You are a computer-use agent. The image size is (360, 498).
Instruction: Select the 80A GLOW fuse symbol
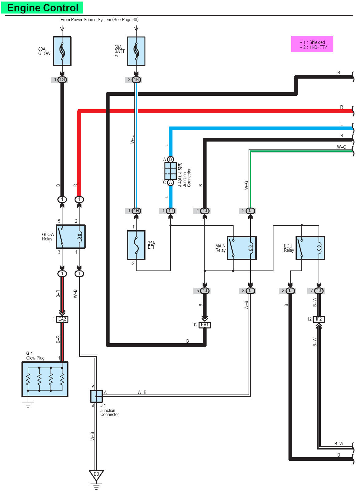pos(62,51)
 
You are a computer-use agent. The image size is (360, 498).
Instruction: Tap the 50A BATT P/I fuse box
pos(136,51)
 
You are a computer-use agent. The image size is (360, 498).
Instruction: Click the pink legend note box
pos(312,45)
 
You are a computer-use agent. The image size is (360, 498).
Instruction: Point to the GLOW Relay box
pos(71,236)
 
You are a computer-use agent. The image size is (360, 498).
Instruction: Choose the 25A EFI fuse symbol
pos(136,245)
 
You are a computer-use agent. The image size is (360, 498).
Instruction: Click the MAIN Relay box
pos(242,248)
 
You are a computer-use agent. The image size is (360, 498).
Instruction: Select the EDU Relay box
pos(310,248)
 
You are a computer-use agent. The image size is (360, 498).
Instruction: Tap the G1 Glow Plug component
pos(45,379)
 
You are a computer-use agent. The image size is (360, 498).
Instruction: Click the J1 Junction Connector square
pos(96,396)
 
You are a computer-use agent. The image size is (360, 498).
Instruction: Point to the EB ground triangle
pos(96,475)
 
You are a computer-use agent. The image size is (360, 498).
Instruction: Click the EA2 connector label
pos(62,319)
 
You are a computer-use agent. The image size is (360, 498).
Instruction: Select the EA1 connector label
pos(205,325)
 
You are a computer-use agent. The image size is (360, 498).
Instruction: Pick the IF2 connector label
pos(319,319)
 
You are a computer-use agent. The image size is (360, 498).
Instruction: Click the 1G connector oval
pos(62,80)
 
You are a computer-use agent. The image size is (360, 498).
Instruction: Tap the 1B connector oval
pos(136,80)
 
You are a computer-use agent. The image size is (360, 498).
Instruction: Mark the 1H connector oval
pos(136,211)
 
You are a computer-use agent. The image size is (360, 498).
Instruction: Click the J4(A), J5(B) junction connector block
pos(170,171)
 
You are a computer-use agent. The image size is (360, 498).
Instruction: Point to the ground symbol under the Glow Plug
pos(28,405)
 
